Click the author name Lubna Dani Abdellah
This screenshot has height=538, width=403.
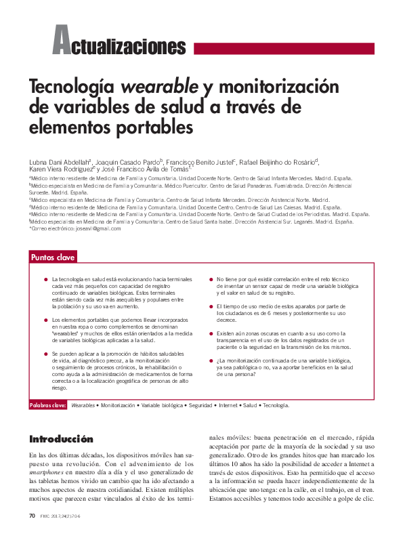coord(62,163)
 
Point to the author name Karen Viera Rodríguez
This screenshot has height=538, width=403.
coord(61,171)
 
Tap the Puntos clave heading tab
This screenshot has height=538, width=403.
coord(53,257)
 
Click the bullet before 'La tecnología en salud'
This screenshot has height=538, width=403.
coord(45,280)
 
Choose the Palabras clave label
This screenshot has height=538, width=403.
coord(47,405)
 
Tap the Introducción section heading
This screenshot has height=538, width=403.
coord(62,440)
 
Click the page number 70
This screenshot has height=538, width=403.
coord(32,516)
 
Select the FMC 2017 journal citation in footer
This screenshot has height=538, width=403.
coord(60,516)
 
